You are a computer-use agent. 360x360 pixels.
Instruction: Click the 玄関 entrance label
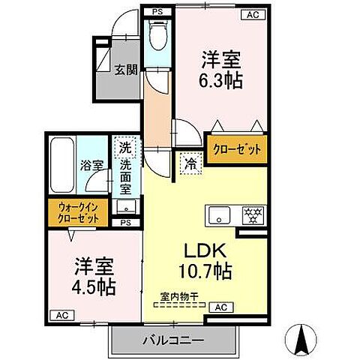[125, 71]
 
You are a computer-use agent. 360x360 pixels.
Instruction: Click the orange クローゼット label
[236, 148]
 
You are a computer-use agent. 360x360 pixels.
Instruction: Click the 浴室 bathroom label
[92, 164]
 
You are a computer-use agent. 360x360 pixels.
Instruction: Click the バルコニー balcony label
[172, 340]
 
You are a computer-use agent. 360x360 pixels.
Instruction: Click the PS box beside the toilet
[157, 12]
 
